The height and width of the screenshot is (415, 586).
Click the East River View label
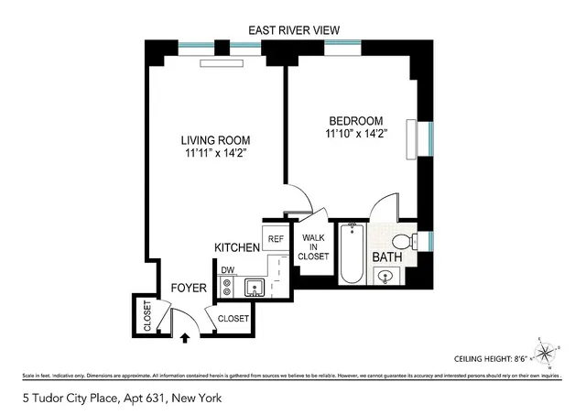(294, 30)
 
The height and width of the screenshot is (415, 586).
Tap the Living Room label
(215, 140)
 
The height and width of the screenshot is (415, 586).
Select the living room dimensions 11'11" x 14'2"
(215, 154)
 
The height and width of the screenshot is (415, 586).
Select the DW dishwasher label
(226, 269)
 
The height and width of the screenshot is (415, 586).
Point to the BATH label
(387, 257)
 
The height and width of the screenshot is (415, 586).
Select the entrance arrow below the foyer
(186, 337)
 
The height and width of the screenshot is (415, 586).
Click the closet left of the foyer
(146, 315)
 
